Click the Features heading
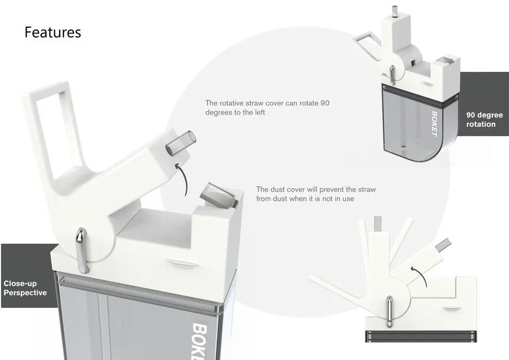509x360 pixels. tap(53, 32)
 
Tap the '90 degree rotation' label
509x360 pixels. tap(484, 120)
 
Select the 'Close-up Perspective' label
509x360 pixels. tap(25, 288)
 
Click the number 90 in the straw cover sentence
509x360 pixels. tap(324, 103)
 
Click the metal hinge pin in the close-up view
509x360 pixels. tap(82, 250)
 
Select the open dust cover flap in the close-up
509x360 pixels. tap(218, 194)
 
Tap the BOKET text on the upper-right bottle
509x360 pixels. tap(434, 124)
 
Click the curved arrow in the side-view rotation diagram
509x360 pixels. tap(421, 276)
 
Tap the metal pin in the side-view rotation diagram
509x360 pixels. tap(389, 311)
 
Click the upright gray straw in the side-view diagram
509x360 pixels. tap(378, 224)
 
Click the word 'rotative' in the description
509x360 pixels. tap(231, 103)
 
